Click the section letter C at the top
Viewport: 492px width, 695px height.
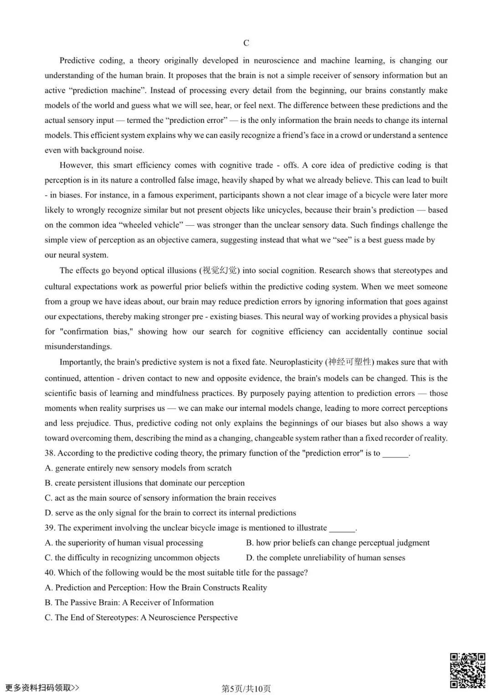[246, 43]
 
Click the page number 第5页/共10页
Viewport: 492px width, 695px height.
[246, 689]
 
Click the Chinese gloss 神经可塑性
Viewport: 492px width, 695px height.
[349, 362]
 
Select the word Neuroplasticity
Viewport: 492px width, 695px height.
[296, 362]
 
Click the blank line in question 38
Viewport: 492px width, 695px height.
[395, 454]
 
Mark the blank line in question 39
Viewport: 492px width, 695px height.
[342, 528]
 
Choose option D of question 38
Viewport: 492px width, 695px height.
[170, 513]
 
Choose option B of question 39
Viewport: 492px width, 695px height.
[338, 543]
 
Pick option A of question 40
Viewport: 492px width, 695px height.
[156, 588]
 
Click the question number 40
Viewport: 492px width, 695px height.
[50, 573]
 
